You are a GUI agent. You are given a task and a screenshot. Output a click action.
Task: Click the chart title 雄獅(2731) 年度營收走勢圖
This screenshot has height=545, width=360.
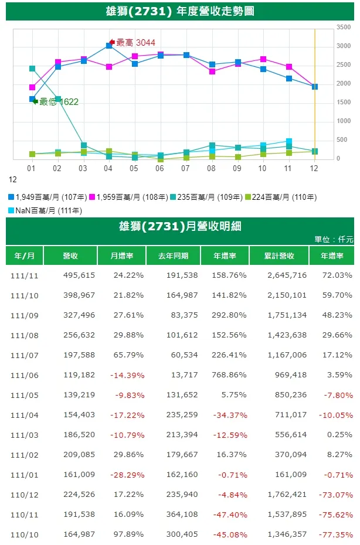(180, 11)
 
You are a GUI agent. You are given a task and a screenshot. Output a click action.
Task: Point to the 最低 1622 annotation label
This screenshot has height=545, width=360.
(59, 102)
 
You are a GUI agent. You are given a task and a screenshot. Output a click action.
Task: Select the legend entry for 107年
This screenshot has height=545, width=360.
(48, 197)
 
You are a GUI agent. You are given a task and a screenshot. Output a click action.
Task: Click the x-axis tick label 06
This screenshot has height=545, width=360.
(160, 168)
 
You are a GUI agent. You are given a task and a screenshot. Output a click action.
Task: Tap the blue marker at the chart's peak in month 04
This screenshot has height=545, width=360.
(109, 45)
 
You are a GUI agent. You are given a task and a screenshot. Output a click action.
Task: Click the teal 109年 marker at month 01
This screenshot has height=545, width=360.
(32, 69)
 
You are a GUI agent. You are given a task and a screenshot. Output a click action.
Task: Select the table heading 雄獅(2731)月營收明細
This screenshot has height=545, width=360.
(180, 227)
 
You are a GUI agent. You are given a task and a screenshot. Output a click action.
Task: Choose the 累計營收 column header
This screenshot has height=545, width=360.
(279, 256)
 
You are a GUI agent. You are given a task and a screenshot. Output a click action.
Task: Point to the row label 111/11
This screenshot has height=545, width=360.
(24, 275)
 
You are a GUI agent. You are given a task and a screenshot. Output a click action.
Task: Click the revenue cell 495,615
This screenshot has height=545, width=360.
(79, 275)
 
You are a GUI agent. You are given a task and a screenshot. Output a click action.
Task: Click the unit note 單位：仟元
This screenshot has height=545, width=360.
(334, 239)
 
